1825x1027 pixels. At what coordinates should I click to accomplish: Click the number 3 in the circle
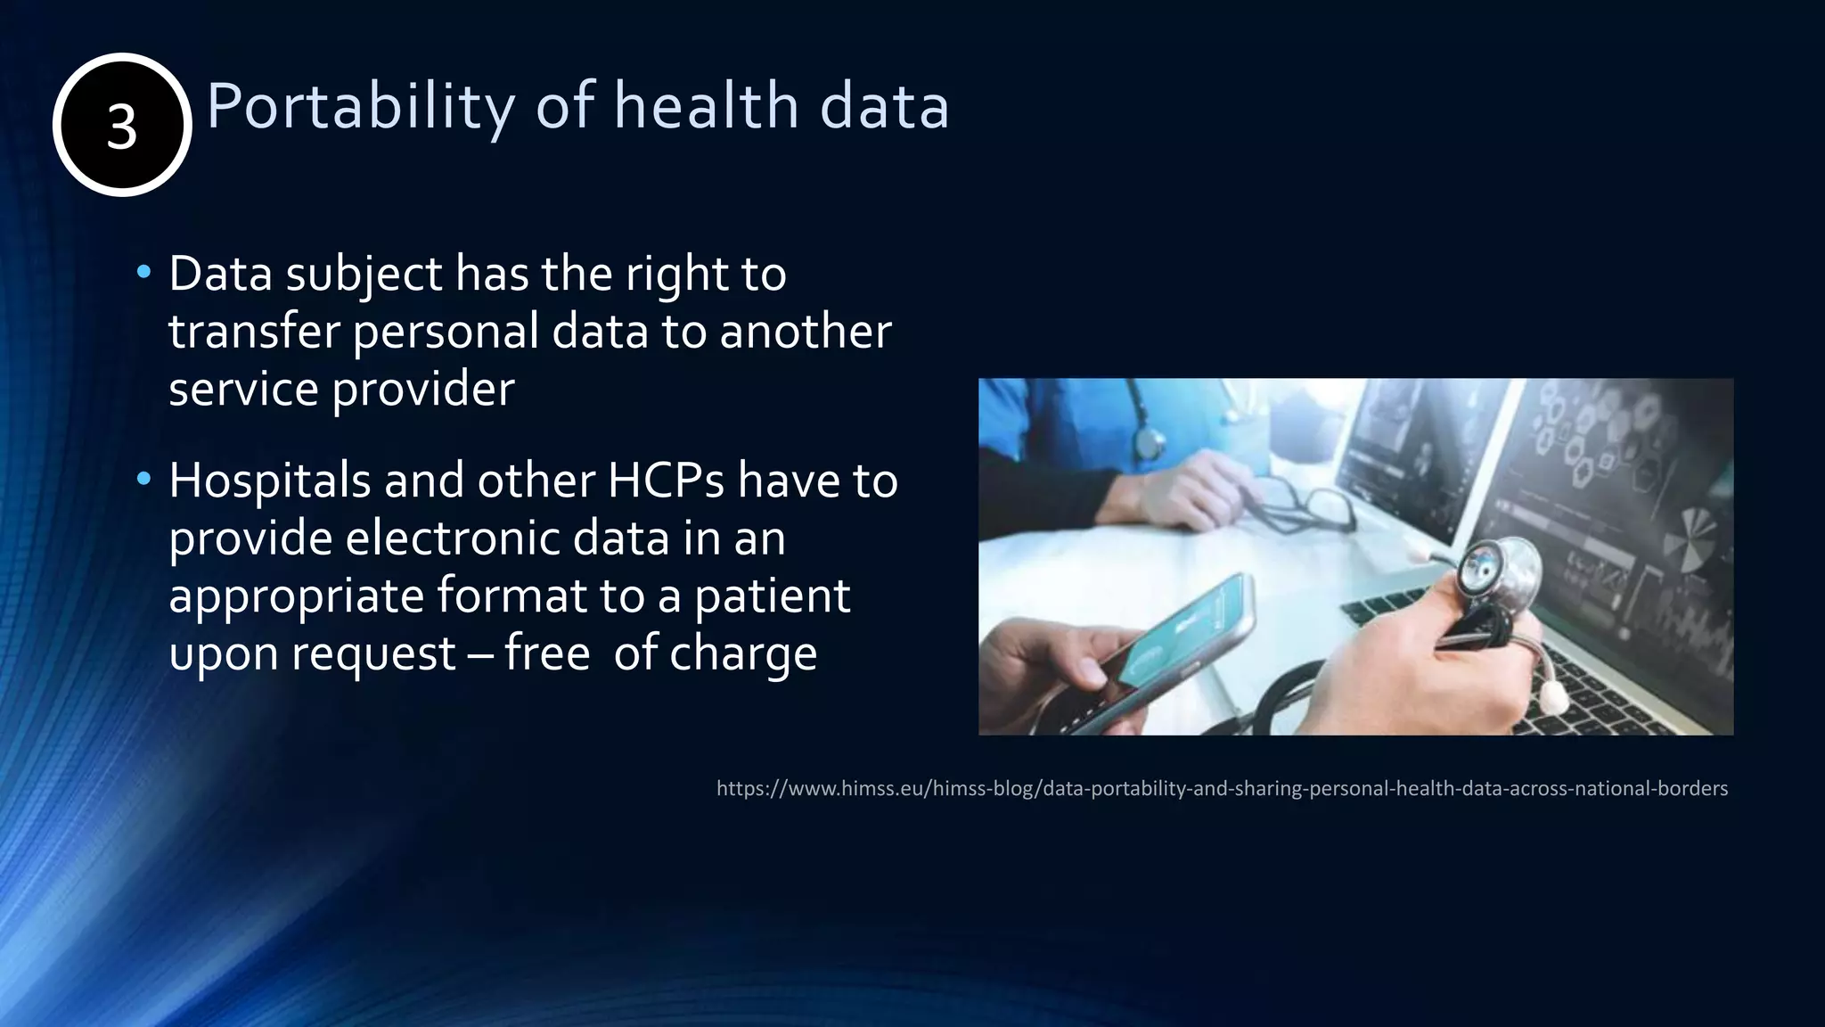pos(122,126)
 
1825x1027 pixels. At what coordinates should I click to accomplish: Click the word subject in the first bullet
pos(364,274)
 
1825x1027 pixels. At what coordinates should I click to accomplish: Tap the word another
pos(806,331)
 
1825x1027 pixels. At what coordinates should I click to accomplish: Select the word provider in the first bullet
pos(423,390)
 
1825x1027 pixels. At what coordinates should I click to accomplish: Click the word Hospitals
pos(270,481)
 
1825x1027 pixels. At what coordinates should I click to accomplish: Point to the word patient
pos(773,596)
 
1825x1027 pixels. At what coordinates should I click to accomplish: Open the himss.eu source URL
pos(1222,788)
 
